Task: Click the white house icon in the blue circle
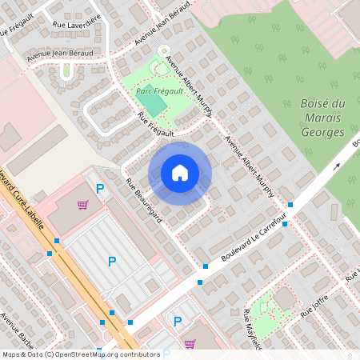coord(180,173)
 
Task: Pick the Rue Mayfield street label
coord(253,330)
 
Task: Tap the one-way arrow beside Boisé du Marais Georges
coord(337,166)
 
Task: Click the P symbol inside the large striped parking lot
coord(111,262)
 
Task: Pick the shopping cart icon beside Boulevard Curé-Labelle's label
coord(82,205)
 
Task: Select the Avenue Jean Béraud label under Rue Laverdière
coord(60,54)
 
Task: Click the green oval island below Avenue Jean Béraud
coord(66,70)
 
